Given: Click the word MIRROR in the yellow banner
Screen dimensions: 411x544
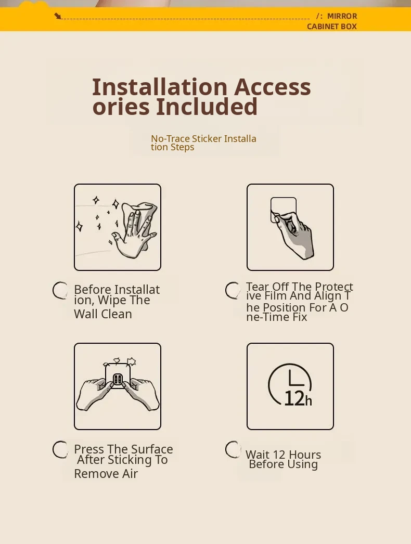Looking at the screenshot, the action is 342,16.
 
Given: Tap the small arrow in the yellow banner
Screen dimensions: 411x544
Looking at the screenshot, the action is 58,16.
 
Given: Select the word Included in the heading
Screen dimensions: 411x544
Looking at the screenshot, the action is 207,107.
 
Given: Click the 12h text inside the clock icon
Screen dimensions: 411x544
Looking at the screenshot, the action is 298,398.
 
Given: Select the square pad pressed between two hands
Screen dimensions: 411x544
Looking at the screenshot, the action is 118,375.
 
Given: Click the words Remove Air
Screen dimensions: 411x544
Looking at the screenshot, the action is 106,474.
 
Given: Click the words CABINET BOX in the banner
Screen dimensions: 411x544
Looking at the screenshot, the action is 332,27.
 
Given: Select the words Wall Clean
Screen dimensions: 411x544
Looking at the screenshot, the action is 103,314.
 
